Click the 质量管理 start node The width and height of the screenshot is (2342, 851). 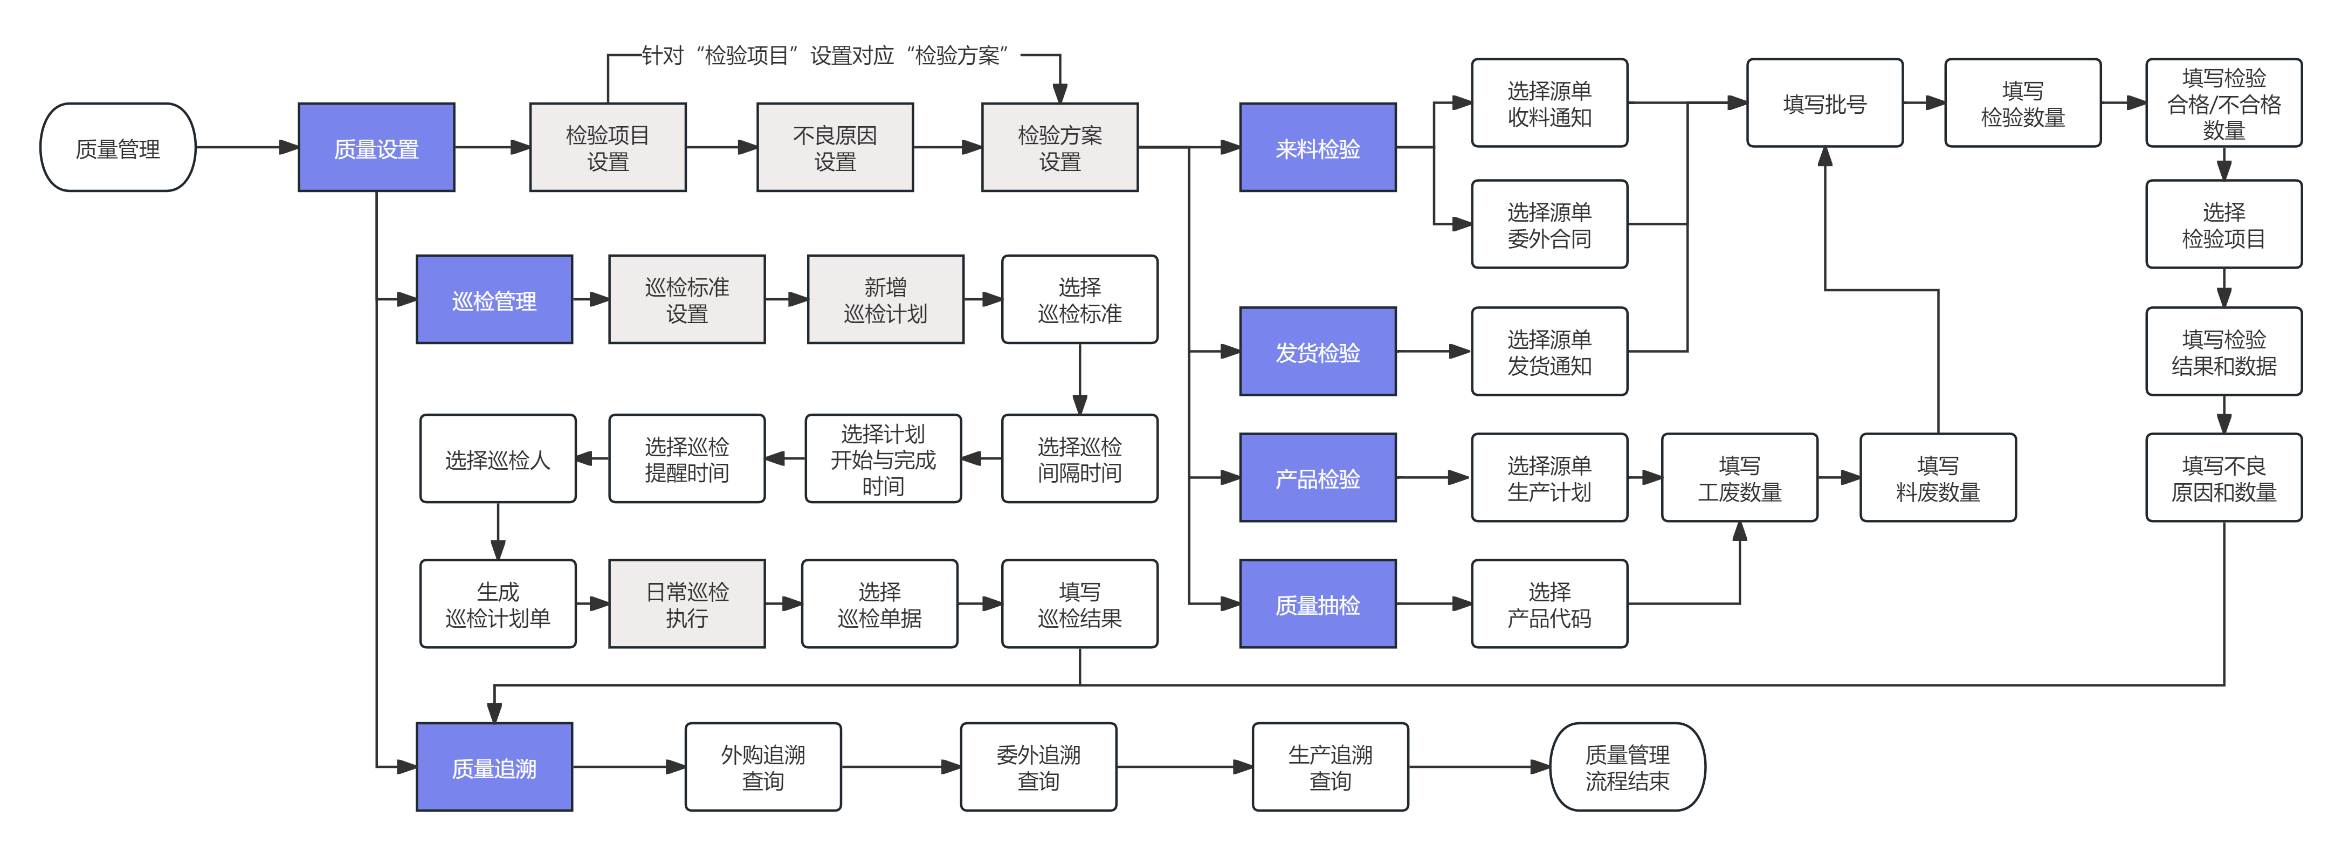118,147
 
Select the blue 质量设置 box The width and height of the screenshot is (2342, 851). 376,147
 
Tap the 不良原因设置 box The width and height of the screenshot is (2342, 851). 835,147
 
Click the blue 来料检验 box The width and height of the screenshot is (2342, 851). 1318,147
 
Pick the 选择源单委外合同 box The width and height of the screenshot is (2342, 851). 1549,224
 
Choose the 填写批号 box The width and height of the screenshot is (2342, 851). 1824,104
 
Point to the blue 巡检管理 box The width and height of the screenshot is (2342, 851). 494,300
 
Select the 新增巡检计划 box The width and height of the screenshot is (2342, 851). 885,300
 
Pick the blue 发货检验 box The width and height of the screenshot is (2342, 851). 1318,352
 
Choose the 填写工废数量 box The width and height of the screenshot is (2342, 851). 1739,478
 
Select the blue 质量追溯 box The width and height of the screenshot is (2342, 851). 494,767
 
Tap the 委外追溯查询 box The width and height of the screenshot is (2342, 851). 1038,767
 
